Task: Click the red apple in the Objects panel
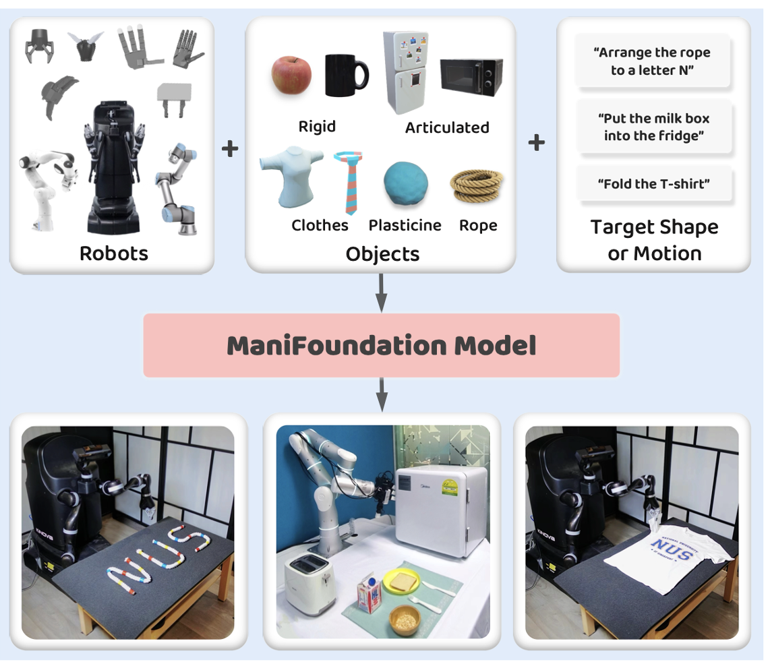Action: [291, 75]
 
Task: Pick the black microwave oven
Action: [471, 76]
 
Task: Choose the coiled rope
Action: [476, 187]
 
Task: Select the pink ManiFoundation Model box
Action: [381, 345]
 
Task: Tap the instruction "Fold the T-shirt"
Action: [653, 183]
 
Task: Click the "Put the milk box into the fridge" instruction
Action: [653, 127]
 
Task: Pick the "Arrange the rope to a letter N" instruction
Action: [653, 61]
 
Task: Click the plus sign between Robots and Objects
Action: [230, 148]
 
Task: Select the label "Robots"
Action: [113, 253]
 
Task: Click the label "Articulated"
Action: [447, 127]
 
